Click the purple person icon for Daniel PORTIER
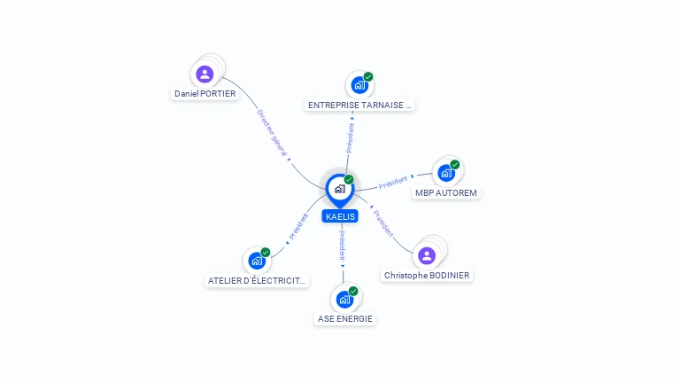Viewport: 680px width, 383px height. [x=205, y=74]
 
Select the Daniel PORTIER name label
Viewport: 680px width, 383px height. [x=205, y=93]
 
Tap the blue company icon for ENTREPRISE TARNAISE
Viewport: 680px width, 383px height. [x=359, y=85]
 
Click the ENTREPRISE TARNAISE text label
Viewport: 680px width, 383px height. [x=359, y=105]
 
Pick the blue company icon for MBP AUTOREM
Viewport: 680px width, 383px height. [x=445, y=173]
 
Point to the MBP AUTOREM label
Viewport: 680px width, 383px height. [x=446, y=192]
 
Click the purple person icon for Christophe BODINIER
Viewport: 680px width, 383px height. [x=427, y=256]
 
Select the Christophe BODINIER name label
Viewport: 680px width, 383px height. [x=427, y=276]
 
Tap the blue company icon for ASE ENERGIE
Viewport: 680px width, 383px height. [x=344, y=300]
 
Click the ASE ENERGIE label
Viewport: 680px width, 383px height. [x=344, y=319]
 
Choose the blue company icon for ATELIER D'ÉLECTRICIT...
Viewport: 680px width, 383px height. [x=256, y=261]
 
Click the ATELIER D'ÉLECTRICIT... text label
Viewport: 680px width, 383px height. [x=257, y=281]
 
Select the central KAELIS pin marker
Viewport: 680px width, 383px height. [x=339, y=189]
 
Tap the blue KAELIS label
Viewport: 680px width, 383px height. [x=340, y=216]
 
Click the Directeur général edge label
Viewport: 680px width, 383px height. [x=272, y=133]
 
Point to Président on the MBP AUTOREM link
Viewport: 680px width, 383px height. [x=393, y=182]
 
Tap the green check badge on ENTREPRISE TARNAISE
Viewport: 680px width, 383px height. [x=368, y=76]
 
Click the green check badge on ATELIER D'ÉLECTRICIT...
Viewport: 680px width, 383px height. [x=266, y=252]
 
